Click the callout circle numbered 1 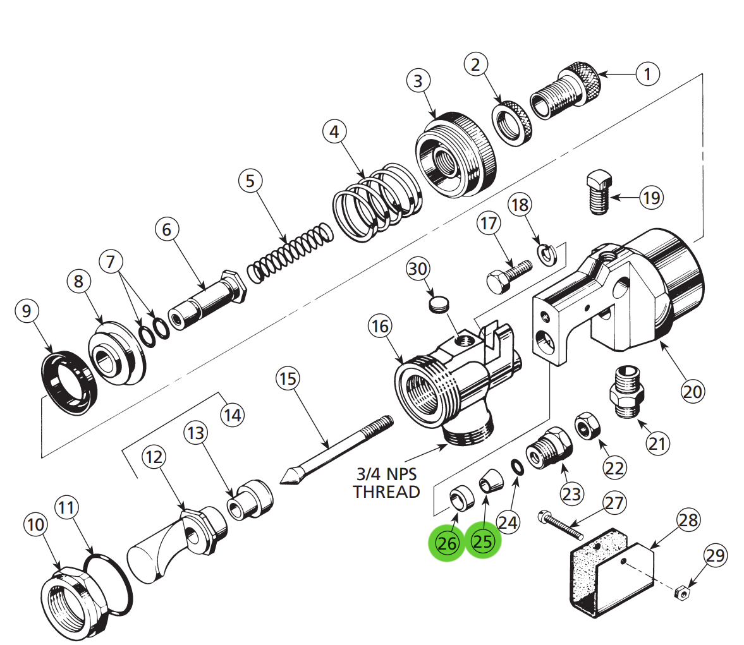click(647, 74)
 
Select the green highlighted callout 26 click(447, 543)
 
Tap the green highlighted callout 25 click(483, 541)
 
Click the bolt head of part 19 click(597, 182)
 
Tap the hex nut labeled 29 click(681, 593)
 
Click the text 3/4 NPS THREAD click(386, 483)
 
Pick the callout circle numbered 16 click(381, 326)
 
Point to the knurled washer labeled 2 click(512, 123)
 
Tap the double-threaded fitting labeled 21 click(627, 393)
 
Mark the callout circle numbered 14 click(232, 415)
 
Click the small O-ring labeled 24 click(516, 467)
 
